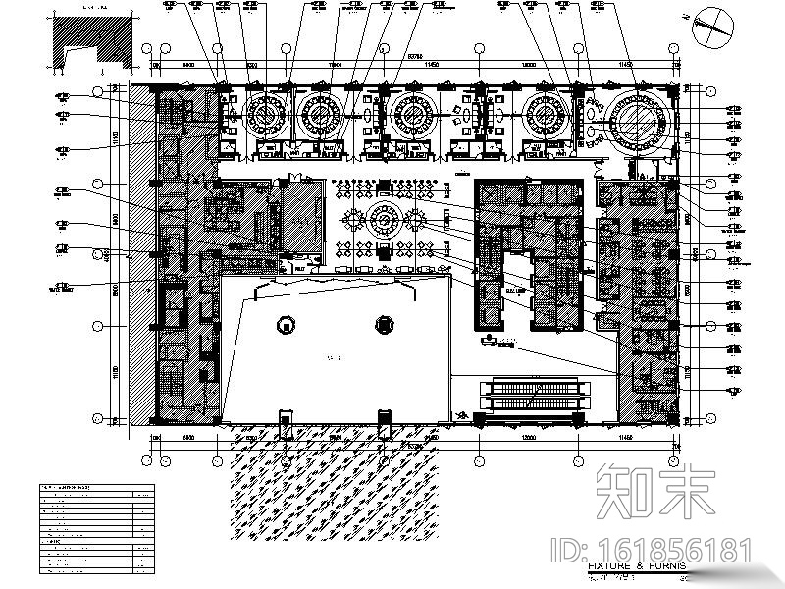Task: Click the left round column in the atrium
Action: coord(285,325)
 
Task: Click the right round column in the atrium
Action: coord(385,325)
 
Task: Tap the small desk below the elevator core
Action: coord(498,344)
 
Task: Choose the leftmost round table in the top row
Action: coord(263,115)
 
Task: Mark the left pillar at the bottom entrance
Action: coord(286,424)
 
